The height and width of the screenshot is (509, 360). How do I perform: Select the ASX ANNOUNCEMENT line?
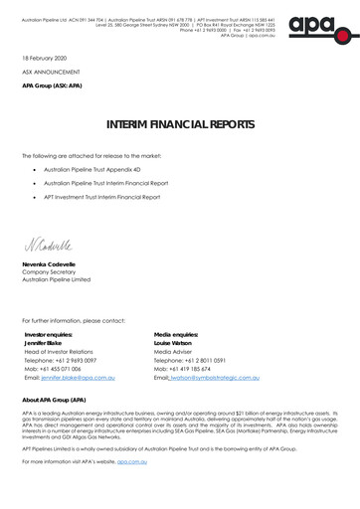pyautogui.click(x=50, y=73)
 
